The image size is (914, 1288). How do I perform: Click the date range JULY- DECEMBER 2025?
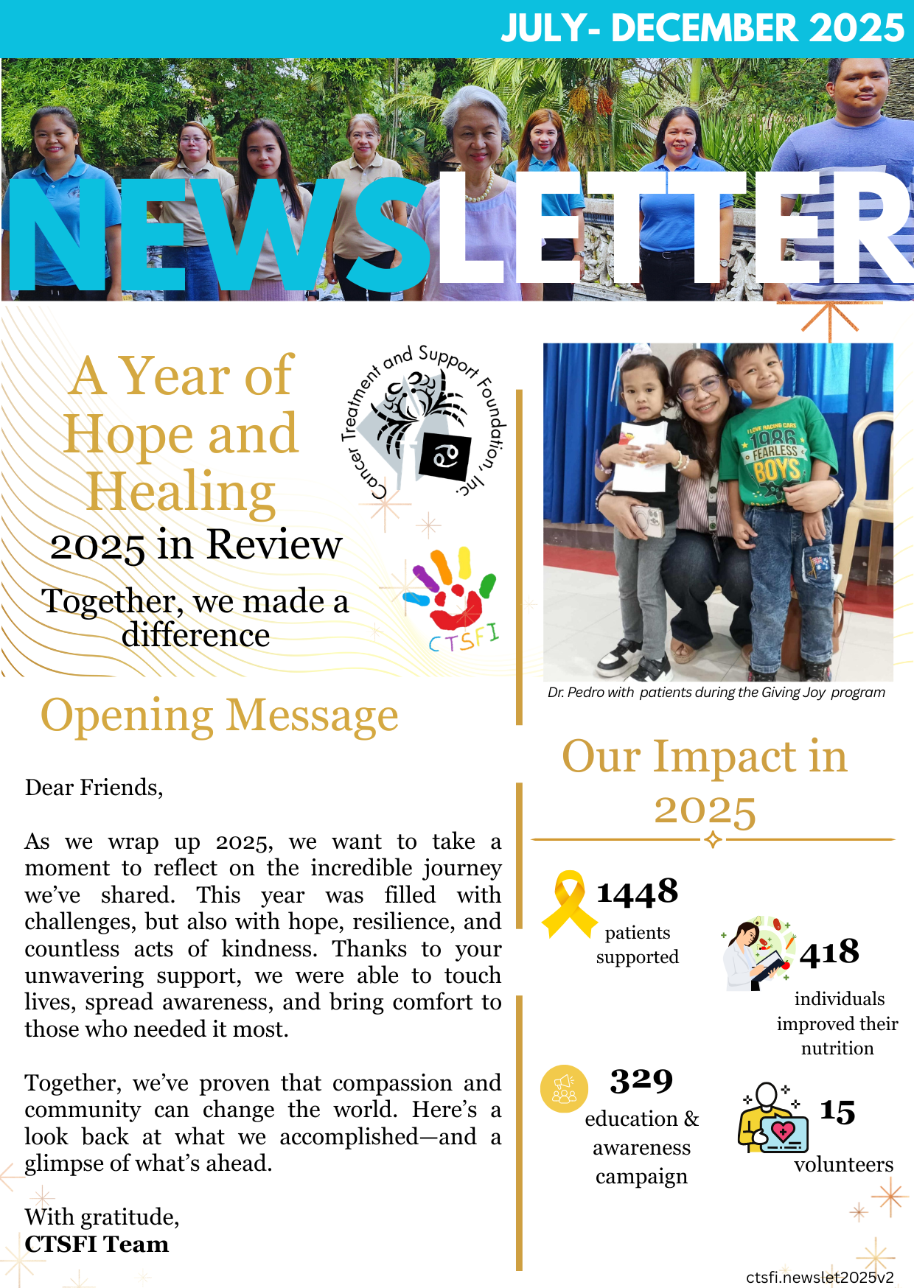[702, 28]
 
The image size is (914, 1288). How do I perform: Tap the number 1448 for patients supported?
[637, 892]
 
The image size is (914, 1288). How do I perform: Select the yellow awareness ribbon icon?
[569, 904]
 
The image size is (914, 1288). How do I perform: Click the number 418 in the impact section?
[829, 952]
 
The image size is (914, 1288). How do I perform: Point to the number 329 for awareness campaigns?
[641, 1081]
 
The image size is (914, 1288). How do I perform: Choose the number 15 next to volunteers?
[837, 1112]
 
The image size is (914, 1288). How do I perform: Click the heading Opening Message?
[219, 715]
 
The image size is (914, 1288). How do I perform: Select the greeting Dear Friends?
[94, 788]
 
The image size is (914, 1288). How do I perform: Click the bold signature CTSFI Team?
[97, 1245]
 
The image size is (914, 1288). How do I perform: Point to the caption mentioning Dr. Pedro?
[716, 693]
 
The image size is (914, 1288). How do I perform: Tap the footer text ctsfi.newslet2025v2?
[820, 1277]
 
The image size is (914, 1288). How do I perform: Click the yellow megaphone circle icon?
[564, 1088]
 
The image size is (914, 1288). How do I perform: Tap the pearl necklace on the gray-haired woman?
[479, 193]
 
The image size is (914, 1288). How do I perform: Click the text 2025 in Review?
[196, 545]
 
